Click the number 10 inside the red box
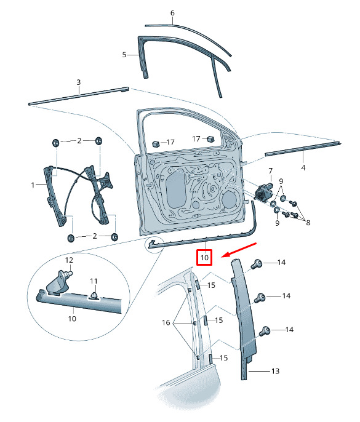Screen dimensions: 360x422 click(204, 258)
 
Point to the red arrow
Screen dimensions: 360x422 click(238, 250)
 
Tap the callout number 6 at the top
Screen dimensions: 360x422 click(172, 13)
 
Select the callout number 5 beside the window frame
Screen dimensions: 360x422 click(124, 55)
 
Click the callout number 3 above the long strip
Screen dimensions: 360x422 click(79, 82)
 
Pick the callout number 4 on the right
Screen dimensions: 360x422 click(303, 168)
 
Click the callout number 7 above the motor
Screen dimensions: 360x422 click(270, 171)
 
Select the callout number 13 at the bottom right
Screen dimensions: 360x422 click(275, 371)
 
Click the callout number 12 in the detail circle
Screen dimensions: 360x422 click(69, 260)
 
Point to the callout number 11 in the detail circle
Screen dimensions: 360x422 click(94, 281)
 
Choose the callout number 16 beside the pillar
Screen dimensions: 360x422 click(166, 322)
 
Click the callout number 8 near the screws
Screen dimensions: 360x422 click(308, 223)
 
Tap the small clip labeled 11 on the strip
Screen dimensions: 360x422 click(94, 295)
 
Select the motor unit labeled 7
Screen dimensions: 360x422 click(262, 192)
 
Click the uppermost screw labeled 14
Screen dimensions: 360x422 click(257, 263)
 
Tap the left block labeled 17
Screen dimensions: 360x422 click(156, 143)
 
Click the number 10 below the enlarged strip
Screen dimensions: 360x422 click(72, 319)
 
